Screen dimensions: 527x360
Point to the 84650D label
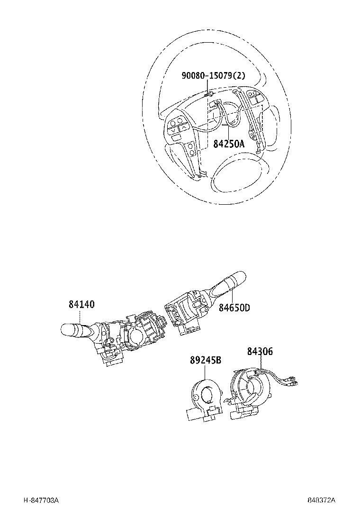pos(234,308)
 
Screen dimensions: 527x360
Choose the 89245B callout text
pos(206,361)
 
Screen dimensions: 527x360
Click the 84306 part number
pos(260,352)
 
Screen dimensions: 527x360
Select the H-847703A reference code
pos(41,500)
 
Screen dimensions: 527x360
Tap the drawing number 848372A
pos(321,500)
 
